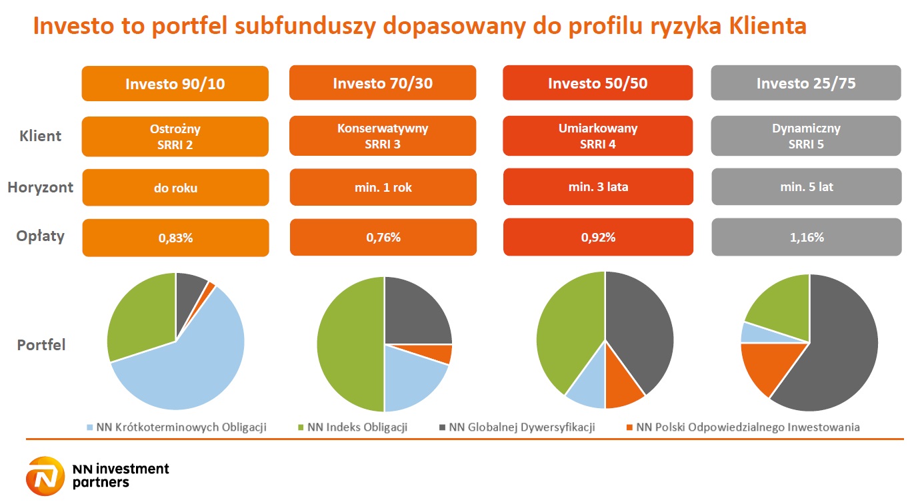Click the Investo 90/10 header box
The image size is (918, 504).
[x=175, y=84]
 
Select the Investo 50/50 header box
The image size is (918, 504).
[x=597, y=83]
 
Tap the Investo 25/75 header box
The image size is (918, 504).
[x=805, y=83]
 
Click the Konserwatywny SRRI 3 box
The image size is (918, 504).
[x=383, y=136]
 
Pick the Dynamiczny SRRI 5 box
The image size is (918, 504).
[x=805, y=136]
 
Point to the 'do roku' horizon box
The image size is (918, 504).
[x=175, y=188]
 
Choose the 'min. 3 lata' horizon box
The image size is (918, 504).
[x=597, y=187]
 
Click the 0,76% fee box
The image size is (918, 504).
[x=383, y=237]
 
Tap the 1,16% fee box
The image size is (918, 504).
[x=805, y=237]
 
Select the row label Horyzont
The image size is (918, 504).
[x=40, y=187]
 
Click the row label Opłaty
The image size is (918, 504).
[x=40, y=236]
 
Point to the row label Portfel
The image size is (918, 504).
[x=41, y=345]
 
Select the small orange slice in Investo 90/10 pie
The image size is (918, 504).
[x=211, y=287]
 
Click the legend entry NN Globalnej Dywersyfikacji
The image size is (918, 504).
[x=516, y=427]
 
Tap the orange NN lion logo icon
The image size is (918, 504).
[x=45, y=477]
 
